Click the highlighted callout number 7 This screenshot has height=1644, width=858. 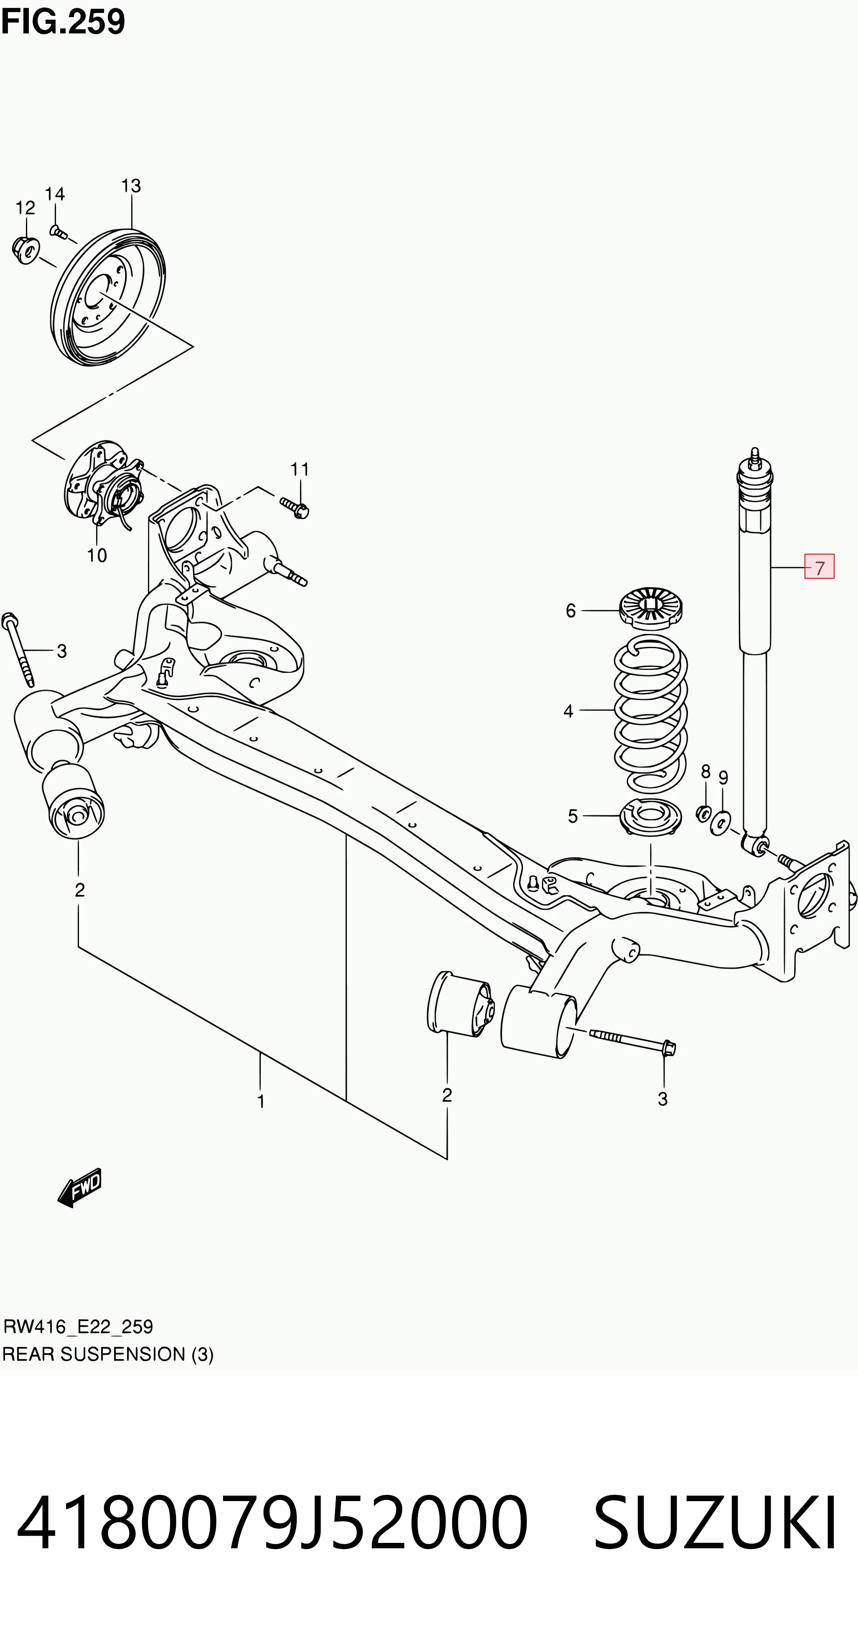click(x=819, y=567)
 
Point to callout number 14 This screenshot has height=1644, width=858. click(x=55, y=194)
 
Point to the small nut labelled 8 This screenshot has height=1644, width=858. click(x=703, y=814)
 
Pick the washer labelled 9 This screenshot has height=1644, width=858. click(x=721, y=823)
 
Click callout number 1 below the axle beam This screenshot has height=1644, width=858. click(x=260, y=1101)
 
